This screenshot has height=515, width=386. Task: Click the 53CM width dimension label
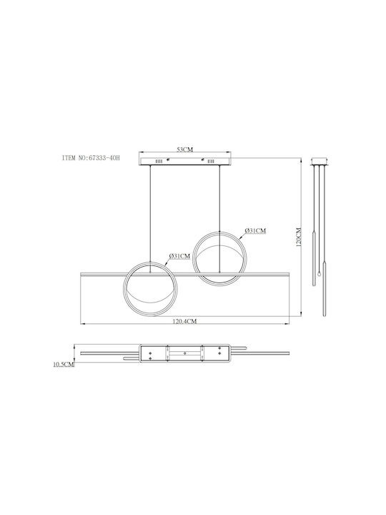pos(185,149)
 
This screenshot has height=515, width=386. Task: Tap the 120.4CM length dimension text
pos(185,321)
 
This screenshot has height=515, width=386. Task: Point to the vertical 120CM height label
pos(299,237)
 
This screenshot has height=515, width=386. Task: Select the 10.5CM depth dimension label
pos(64,364)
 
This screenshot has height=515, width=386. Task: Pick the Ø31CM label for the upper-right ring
pos(255,231)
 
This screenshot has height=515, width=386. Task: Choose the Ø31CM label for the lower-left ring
pos(179,256)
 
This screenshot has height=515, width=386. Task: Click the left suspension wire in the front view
pos(150,219)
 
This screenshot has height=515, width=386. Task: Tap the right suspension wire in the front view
pos(219,219)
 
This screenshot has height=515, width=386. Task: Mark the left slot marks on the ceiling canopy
pos(159,161)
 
